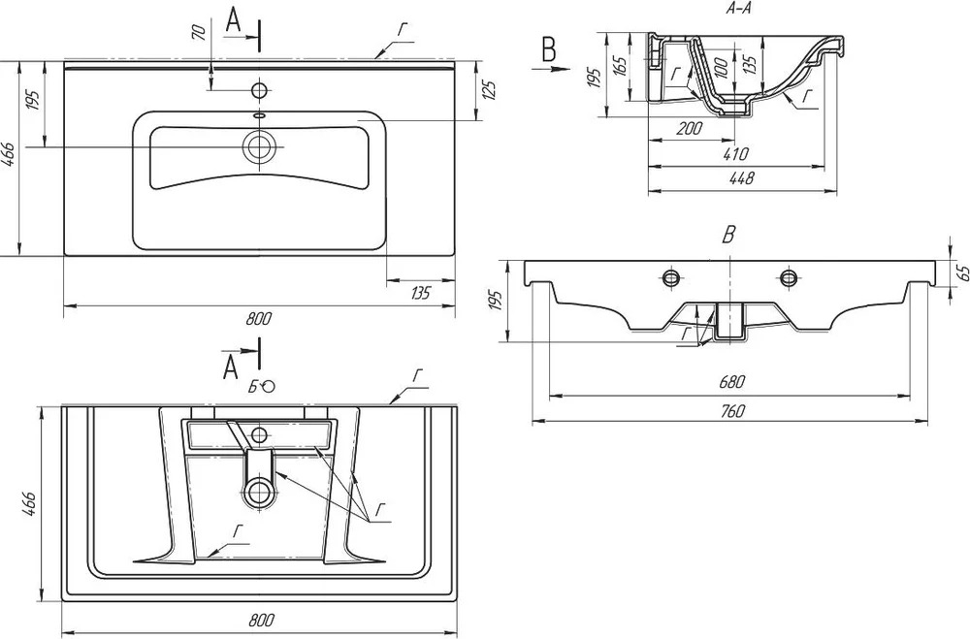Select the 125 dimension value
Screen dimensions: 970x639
coord(489,90)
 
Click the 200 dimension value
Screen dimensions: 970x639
coord(689,128)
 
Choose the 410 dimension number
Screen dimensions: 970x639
coord(735,153)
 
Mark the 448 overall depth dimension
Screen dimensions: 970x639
coord(742,178)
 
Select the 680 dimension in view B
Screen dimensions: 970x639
coord(731,382)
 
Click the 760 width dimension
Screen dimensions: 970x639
coord(731,411)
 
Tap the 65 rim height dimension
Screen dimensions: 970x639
coord(962,272)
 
